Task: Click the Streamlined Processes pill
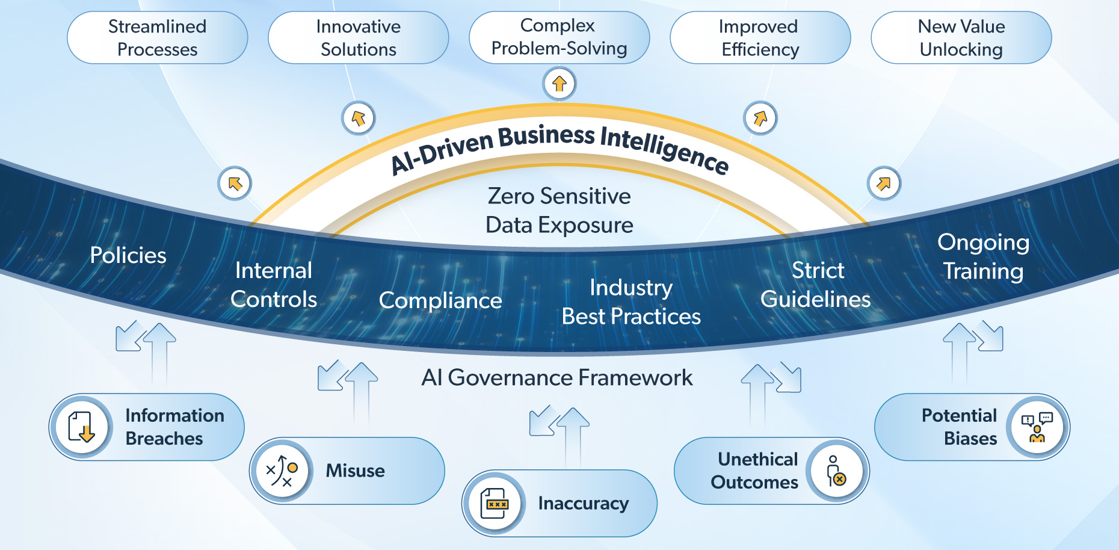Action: pos(157,38)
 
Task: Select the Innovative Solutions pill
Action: pos(358,38)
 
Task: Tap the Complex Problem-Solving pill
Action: pos(559,37)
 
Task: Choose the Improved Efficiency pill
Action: pos(760,38)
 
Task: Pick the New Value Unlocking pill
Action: pos(961,38)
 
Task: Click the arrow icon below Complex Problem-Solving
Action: pos(559,84)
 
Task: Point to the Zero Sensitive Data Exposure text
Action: pos(559,211)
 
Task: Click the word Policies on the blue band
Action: pos(128,255)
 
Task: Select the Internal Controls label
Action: pos(274,285)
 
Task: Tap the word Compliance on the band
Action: pos(440,300)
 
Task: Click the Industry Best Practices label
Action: pos(631,302)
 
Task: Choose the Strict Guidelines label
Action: pos(816,285)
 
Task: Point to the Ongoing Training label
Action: pos(983,256)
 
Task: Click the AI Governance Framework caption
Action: pos(557,378)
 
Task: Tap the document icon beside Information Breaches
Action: pos(81,427)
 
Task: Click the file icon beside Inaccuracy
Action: pos(495,504)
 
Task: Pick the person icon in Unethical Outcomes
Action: pos(836,471)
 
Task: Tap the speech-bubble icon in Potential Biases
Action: pos(1037,427)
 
